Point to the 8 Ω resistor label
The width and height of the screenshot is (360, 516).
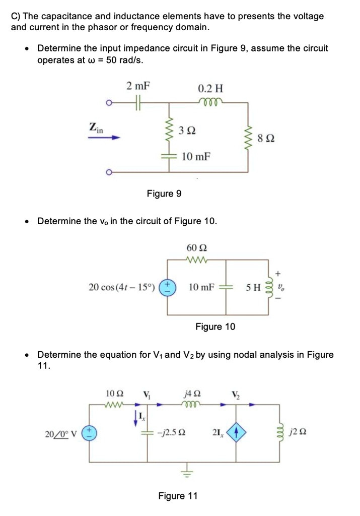(266, 138)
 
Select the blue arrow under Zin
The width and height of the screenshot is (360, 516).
(104, 137)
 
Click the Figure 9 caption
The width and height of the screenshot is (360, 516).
(164, 194)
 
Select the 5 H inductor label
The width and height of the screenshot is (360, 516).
(253, 288)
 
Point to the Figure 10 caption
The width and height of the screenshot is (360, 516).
(215, 327)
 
